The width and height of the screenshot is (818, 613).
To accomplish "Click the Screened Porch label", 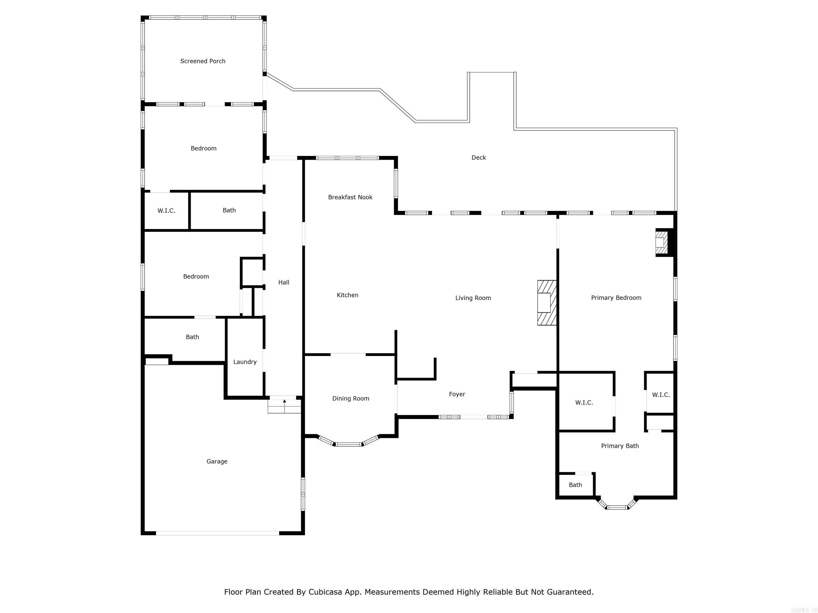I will (x=203, y=61).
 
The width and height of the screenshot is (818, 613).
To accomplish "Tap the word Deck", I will (x=478, y=158).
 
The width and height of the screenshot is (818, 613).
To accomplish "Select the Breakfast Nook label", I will (x=350, y=197).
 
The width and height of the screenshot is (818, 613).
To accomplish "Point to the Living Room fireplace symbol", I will (x=547, y=303).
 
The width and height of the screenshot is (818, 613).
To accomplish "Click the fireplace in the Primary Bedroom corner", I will (x=662, y=242).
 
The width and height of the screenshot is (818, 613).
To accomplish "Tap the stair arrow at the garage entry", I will (x=284, y=401).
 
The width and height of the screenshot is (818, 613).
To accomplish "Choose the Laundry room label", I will (x=245, y=362).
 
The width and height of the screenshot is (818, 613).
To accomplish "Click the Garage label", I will (x=217, y=461).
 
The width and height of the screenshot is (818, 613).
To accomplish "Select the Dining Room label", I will (x=351, y=398).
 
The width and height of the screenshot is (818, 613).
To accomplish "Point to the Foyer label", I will (x=457, y=394).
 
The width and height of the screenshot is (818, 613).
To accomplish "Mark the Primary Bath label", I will (x=620, y=446).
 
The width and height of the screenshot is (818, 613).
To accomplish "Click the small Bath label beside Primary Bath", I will (x=575, y=485).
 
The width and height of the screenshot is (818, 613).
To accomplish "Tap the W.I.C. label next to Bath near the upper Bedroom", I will (x=166, y=211).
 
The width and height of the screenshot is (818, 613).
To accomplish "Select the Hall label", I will (x=284, y=282).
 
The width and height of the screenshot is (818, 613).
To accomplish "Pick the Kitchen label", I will (x=347, y=295).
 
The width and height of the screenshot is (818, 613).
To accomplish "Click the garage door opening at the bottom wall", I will (x=218, y=533).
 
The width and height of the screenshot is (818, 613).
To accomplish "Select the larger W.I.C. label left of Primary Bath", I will (x=584, y=402).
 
